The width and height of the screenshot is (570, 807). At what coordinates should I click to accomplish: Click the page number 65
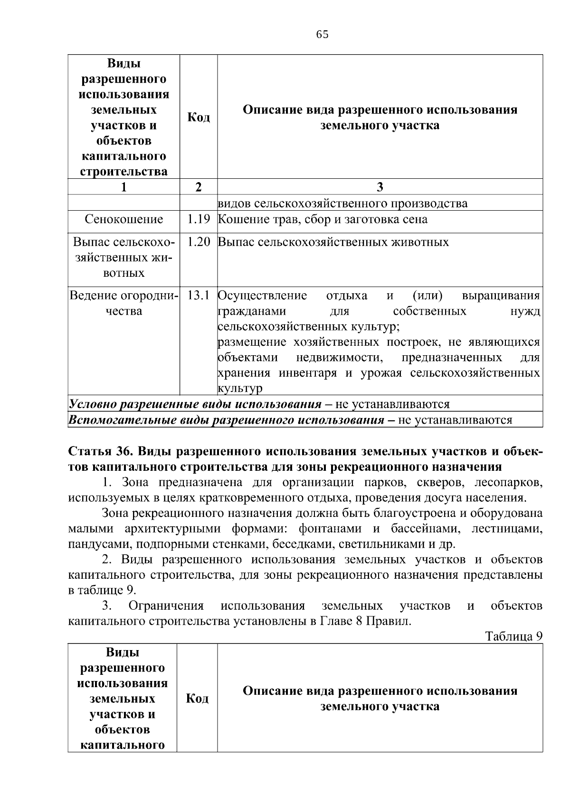[322, 35]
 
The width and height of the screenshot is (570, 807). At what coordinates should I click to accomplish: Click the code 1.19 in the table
[198, 219]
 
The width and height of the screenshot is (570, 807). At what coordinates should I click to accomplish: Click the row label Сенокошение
[123, 219]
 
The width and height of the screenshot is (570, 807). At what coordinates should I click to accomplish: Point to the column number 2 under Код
[198, 187]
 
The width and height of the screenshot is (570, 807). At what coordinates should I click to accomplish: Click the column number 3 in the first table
[380, 187]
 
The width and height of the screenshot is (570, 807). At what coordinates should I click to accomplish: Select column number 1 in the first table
[123, 187]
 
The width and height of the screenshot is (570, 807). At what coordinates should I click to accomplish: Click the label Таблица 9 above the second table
[513, 636]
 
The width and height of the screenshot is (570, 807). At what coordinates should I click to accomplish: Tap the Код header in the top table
[198, 117]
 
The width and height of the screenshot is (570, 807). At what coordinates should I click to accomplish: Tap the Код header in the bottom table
[197, 698]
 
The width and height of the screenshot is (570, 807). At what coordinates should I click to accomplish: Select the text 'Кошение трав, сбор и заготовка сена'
[323, 219]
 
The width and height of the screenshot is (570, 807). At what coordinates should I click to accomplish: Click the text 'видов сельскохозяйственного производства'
[342, 204]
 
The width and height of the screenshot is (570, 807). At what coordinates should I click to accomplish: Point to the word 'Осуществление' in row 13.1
[262, 296]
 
